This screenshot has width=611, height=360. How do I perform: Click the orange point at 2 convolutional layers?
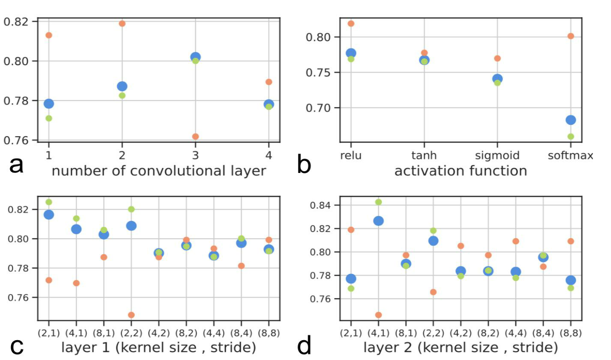coord(122,23)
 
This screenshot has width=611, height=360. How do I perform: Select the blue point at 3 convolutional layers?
coord(195,57)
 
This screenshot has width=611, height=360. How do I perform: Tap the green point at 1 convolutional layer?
coord(48,118)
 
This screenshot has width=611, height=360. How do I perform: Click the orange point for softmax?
coord(570,36)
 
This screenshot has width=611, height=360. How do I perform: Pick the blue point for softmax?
coord(570,120)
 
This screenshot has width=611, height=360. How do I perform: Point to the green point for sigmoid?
coord(497,82)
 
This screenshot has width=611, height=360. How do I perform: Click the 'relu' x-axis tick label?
coord(351,155)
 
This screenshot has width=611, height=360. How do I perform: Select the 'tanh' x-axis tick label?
coord(424,155)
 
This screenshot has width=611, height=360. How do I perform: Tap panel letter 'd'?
coord(305,346)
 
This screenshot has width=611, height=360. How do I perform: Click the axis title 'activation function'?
coord(460,171)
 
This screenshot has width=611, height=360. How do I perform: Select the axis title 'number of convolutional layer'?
coord(159,171)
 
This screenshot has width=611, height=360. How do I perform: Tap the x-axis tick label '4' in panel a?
coord(268,155)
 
